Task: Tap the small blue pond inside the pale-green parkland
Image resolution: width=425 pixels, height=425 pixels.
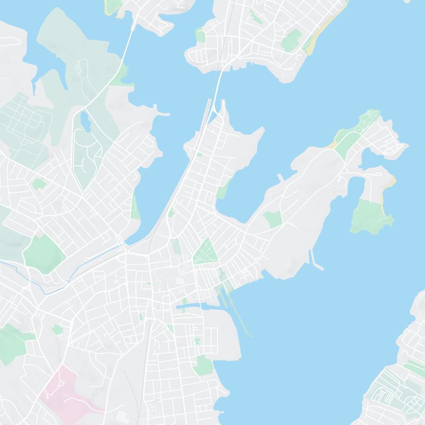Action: click(84, 121)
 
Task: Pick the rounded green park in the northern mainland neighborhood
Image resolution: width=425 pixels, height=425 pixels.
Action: click(291, 40)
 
